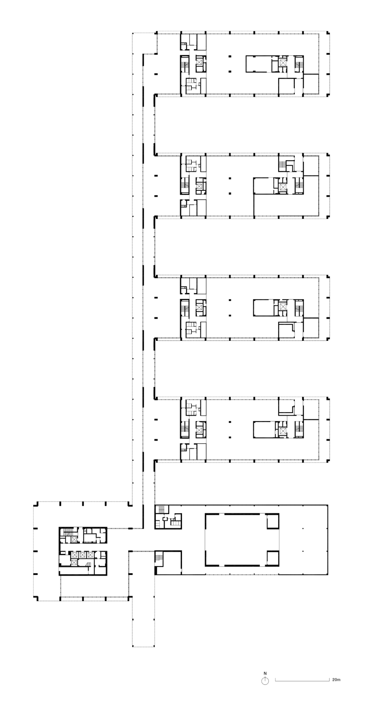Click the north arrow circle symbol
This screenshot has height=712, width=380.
pyautogui.click(x=265, y=680)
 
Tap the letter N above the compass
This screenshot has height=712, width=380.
pyautogui.click(x=265, y=673)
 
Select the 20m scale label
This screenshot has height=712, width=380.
pyautogui.click(x=336, y=680)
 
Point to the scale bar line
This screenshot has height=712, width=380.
pyautogui.click(x=302, y=680)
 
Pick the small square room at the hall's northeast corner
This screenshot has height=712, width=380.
pyautogui.click(x=273, y=521)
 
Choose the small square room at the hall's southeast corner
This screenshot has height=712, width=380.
pyautogui.click(x=273, y=557)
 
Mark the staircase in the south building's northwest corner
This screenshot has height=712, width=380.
pyautogui.click(x=162, y=510)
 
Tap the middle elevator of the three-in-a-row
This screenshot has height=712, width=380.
pyautogui.click(x=82, y=555)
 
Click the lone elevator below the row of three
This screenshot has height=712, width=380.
pyautogui.click(x=74, y=562)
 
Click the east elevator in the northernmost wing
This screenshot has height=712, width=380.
pyautogui.click(x=283, y=63)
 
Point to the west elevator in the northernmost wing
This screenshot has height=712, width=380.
pyautogui.click(x=199, y=63)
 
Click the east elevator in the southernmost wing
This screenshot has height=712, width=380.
pyautogui.click(x=283, y=431)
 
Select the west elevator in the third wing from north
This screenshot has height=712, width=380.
pyautogui.click(x=199, y=307)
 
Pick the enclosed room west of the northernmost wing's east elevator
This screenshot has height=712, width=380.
pyautogui.click(x=258, y=63)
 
